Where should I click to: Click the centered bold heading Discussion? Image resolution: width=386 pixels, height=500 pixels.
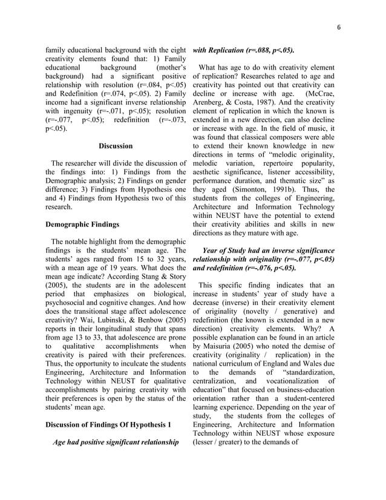point(116,146)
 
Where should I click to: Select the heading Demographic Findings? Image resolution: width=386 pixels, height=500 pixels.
point(80,224)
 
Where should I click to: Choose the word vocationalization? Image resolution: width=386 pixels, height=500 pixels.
point(286,381)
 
